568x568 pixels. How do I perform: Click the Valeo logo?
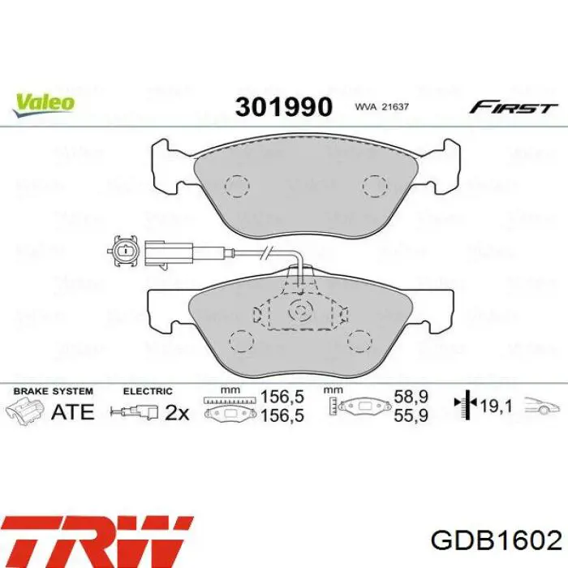pos(44,103)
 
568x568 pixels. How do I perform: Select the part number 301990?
pos(284,106)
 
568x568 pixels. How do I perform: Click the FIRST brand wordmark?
pos(514,107)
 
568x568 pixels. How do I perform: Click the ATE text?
pos(73,411)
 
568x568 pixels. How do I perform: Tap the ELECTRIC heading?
pos(148,391)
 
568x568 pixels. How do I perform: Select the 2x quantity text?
pos(176,412)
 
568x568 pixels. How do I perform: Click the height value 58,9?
pos(411,399)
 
